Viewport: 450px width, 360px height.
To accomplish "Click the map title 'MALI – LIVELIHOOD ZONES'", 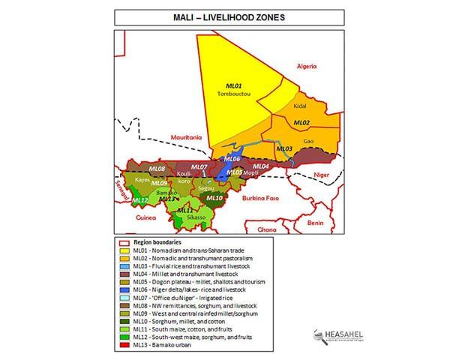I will (225, 16).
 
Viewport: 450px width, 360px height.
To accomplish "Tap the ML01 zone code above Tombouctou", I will (235, 86).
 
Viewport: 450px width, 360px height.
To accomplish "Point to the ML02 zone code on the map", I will (301, 122).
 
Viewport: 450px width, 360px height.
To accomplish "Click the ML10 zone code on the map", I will (214, 198).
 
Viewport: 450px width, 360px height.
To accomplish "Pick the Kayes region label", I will (142, 180).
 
